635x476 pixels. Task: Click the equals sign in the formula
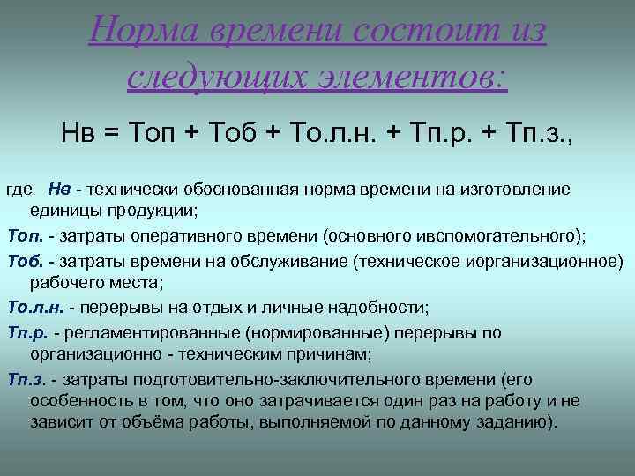pos(110,133)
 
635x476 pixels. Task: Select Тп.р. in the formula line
pos(437,133)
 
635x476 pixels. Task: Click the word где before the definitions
pos(19,190)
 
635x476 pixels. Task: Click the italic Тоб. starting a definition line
pos(24,261)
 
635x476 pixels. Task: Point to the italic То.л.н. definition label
pos(34,308)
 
